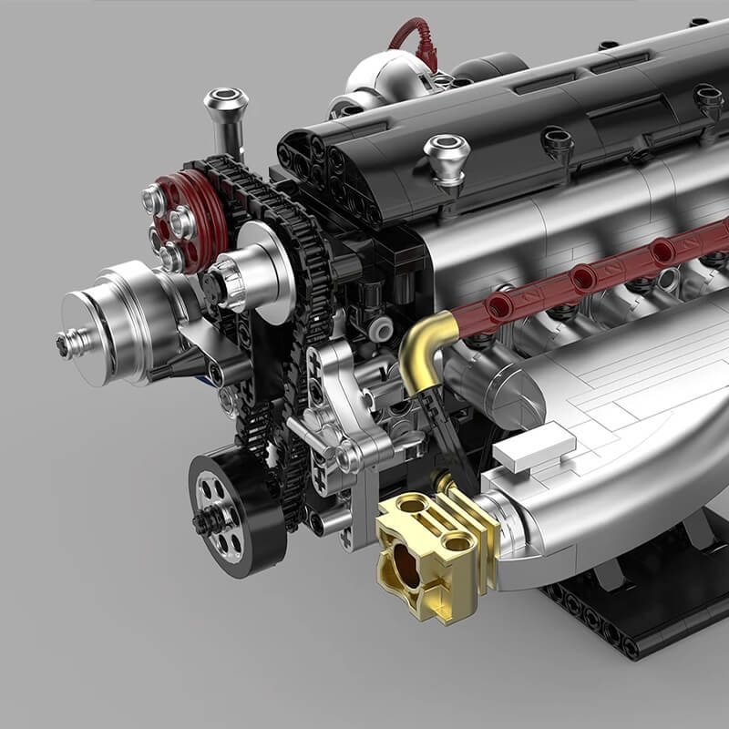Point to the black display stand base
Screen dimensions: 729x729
click(638, 620)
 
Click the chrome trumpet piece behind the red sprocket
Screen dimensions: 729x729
click(225, 114)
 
